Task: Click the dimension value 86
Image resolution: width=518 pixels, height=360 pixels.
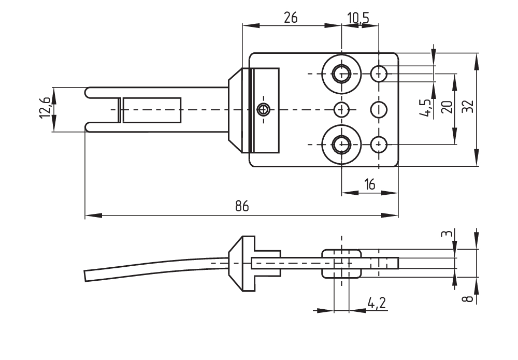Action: [x=241, y=206]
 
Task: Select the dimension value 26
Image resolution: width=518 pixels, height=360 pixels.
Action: [x=291, y=18]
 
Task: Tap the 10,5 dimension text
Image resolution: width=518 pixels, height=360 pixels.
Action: [x=358, y=19]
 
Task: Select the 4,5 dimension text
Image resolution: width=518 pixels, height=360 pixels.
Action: [x=428, y=108]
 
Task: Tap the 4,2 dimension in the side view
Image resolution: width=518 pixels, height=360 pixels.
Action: [x=377, y=303]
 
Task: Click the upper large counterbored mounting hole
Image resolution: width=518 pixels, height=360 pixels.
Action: [x=341, y=74]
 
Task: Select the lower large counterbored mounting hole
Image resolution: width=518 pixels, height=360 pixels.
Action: [x=341, y=144]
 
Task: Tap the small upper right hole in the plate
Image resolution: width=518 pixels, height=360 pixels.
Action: [x=379, y=74]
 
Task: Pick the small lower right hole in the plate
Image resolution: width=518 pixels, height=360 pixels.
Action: [x=379, y=143]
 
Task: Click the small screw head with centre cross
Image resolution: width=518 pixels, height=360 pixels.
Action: [x=264, y=109]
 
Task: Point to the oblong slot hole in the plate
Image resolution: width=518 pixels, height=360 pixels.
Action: [x=379, y=109]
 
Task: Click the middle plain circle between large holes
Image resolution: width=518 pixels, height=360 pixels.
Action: [x=341, y=109]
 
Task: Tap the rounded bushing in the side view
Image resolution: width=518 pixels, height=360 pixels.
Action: [x=341, y=263]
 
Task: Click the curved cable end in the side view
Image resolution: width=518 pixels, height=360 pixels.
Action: [x=88, y=274]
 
